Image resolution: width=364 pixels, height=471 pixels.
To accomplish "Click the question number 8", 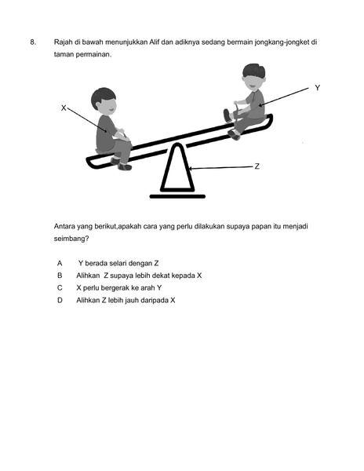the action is [x=33, y=42].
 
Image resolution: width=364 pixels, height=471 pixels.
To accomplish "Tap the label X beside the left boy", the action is [x=64, y=108].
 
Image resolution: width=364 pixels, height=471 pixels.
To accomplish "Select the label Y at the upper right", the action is [x=318, y=88].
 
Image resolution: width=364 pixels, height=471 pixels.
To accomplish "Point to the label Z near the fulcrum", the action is [x=257, y=166].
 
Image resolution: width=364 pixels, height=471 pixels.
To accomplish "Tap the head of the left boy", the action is [x=104, y=101].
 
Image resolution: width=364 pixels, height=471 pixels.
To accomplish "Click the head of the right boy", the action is [x=254, y=77].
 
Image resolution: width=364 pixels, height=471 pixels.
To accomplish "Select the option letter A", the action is [x=60, y=264].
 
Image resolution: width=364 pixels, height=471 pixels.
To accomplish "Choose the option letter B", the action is [x=60, y=276].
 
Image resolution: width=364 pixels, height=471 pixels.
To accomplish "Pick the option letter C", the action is [x=60, y=288].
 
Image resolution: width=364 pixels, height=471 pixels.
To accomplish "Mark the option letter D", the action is [x=60, y=300].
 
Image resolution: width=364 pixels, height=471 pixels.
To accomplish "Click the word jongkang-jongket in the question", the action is [x=282, y=42].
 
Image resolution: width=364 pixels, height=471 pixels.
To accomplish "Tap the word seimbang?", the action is [x=71, y=239].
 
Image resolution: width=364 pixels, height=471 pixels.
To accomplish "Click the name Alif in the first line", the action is [x=155, y=42].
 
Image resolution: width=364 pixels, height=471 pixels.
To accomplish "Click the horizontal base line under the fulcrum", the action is [x=177, y=197].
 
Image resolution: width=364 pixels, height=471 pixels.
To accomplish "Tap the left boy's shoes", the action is [x=122, y=164].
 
